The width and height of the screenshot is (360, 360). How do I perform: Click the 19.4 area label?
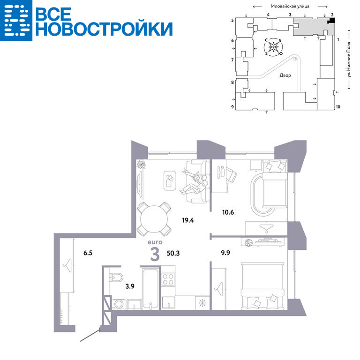(x=188, y=220)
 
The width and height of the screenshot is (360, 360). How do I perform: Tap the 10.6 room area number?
(x=228, y=212)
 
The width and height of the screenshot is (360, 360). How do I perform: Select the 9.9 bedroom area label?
(x=225, y=253)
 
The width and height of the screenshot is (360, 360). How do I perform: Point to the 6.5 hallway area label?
(x=88, y=253)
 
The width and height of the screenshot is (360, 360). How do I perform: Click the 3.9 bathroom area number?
(x=130, y=286)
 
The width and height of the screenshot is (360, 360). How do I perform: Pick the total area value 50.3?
(x=173, y=253)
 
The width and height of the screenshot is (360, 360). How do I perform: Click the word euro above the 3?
(x=155, y=242)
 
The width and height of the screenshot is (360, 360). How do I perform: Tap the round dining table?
(x=154, y=219)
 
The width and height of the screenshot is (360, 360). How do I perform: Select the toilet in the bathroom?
(x=116, y=277)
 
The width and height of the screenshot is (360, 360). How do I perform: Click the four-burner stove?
(x=168, y=279)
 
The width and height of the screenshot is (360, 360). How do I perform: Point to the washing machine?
(x=119, y=304)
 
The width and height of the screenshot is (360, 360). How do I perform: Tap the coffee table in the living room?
(x=170, y=180)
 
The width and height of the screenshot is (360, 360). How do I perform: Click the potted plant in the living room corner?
(x=141, y=165)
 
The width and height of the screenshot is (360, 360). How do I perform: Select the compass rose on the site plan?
(x=273, y=47)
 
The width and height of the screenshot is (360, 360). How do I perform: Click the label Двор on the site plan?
(x=285, y=75)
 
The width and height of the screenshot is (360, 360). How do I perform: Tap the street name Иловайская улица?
(x=290, y=6)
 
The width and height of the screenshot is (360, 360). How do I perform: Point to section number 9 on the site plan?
(x=232, y=107)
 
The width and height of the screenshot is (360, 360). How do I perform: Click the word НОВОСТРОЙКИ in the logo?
(x=104, y=29)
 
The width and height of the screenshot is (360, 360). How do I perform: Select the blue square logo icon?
(x=16, y=20)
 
